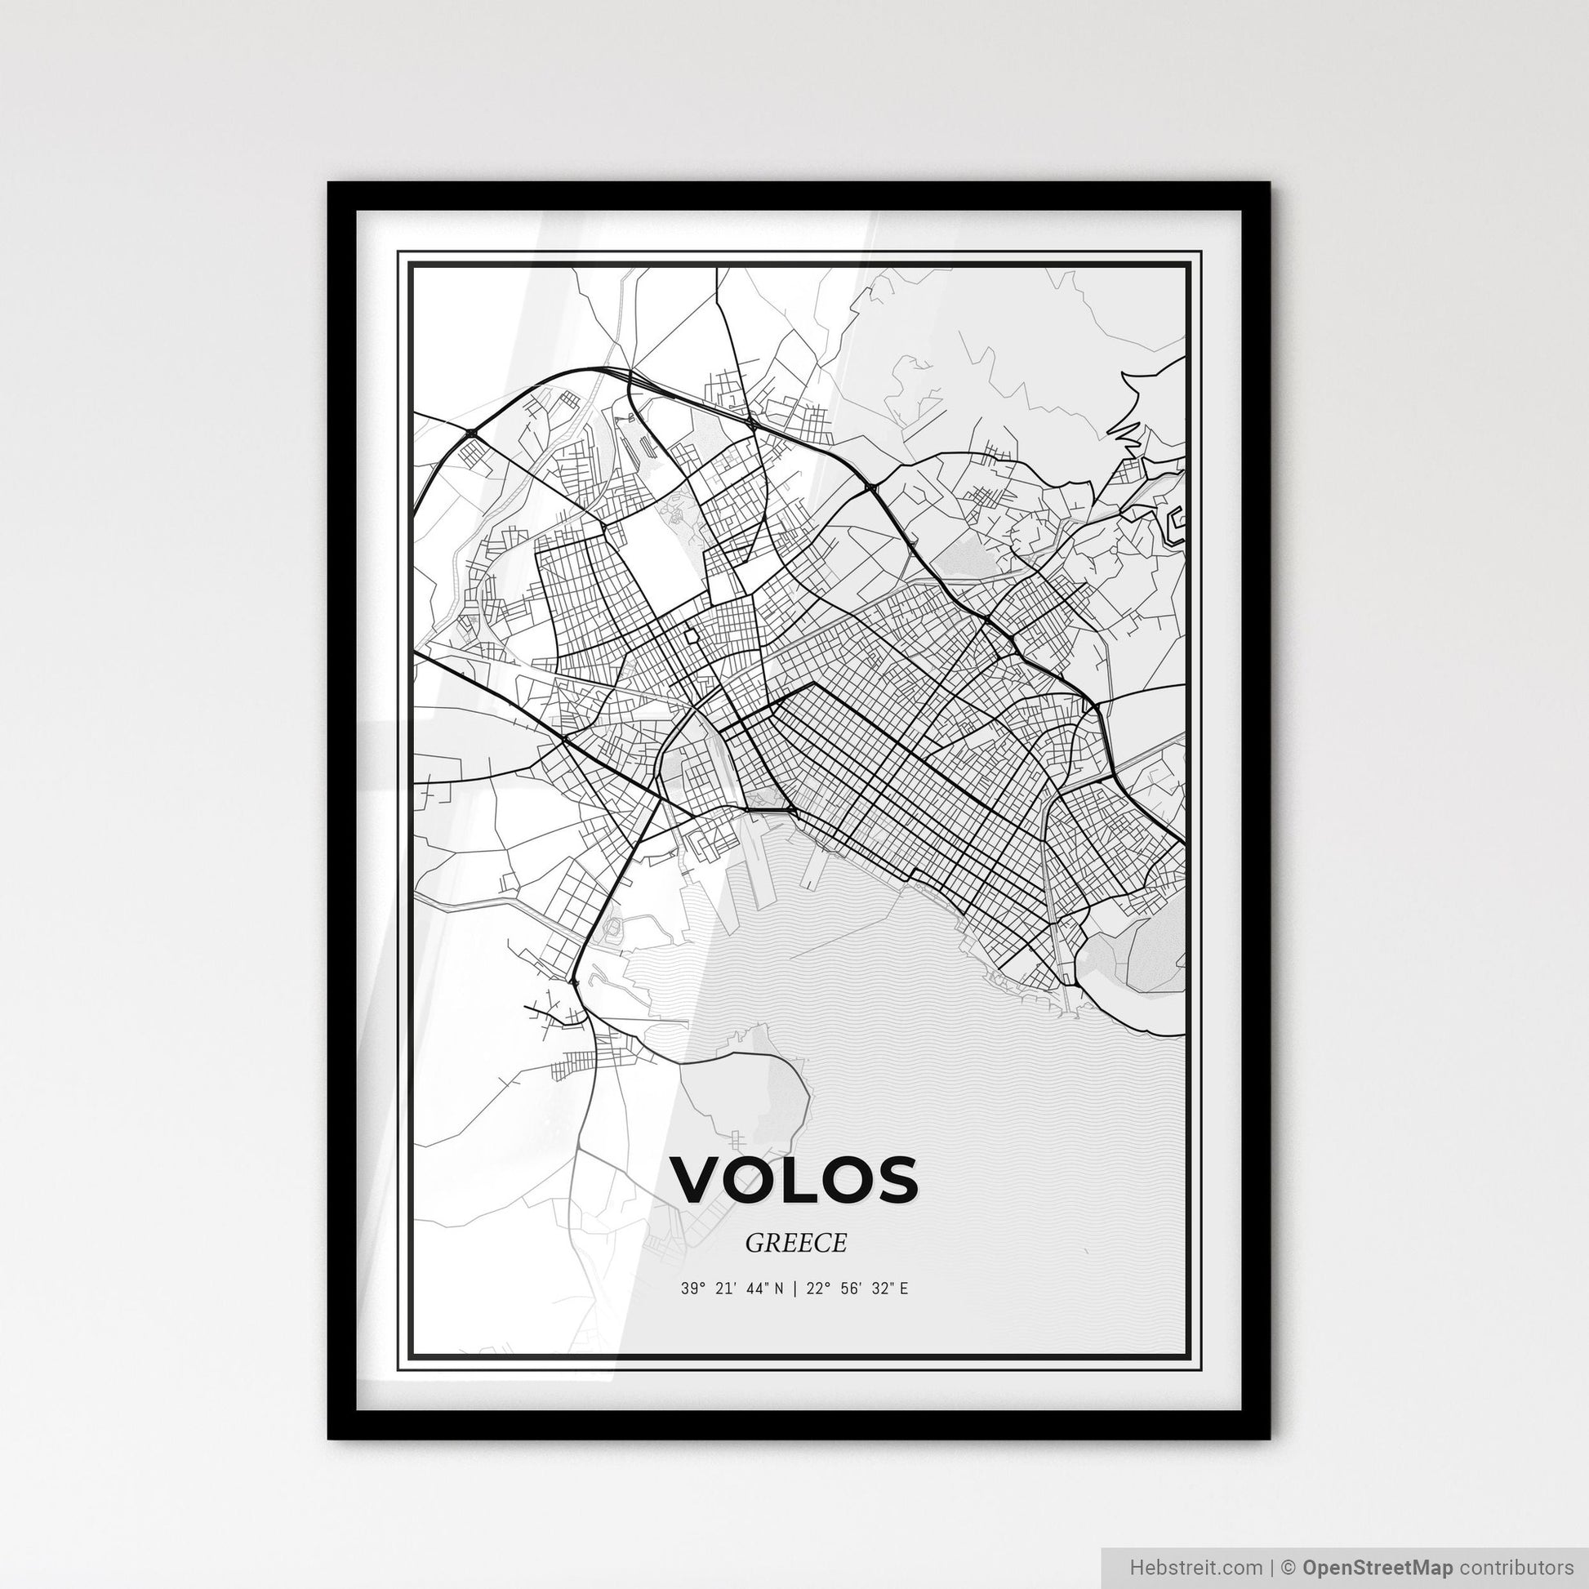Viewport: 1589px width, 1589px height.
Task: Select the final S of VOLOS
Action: pyautogui.click(x=893, y=1178)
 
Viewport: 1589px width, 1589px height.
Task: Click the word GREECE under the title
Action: pyautogui.click(x=795, y=1243)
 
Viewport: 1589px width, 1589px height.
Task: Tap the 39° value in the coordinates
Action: pyautogui.click(x=693, y=1289)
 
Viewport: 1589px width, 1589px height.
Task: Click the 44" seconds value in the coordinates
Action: pyautogui.click(x=759, y=1289)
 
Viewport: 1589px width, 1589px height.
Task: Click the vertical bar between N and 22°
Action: pyautogui.click(x=795, y=1289)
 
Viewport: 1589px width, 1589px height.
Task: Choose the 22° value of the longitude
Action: pyautogui.click(x=816, y=1289)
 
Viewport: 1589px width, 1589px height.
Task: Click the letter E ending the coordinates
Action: pyautogui.click(x=903, y=1289)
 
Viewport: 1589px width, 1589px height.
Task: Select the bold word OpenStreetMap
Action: pyautogui.click(x=1378, y=1566)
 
